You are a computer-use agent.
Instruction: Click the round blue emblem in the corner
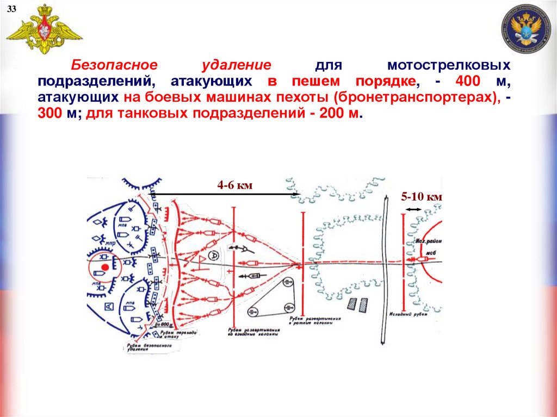(527, 29)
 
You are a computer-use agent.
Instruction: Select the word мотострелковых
(449, 65)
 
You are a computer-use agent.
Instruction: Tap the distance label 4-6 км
(235, 186)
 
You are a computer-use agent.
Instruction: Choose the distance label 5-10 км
(422, 197)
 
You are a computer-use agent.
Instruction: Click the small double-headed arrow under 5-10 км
(413, 209)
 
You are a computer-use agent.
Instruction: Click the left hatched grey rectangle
(352, 304)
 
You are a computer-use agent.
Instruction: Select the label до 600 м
(162, 325)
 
